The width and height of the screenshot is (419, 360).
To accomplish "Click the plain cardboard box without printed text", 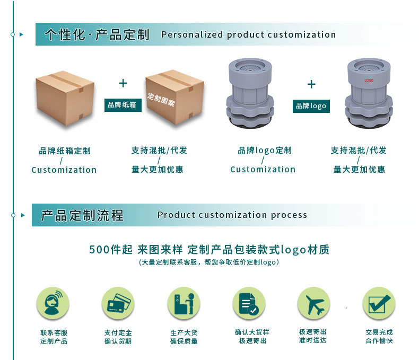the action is pos(65,98).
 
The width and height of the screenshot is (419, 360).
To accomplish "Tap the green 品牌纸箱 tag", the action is pos(123,105).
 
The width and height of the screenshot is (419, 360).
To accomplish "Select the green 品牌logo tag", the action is pos(311,106).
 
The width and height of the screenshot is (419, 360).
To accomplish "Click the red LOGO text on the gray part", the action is pos(369,81).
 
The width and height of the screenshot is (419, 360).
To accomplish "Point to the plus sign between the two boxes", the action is pos(123,83).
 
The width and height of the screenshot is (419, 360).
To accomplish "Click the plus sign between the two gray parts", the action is pos(311,84).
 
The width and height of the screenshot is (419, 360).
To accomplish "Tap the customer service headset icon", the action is pos(53,304).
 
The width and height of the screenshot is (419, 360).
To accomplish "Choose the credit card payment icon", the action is pos(118,304).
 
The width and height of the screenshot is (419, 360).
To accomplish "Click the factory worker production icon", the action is pos(184,304).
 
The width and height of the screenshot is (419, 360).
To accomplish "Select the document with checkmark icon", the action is pos(249,304).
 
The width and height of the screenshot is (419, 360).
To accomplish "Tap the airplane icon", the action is pos(313,304).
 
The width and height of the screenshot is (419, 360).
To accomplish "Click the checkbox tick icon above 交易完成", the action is pos(379,304).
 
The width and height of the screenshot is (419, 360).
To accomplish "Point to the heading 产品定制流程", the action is pos(82,215).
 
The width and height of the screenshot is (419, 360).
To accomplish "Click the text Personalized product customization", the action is pos(248,35).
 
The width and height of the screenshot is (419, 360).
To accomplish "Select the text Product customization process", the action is pos(232,215).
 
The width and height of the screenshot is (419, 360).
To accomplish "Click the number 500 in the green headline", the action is pos(99,250).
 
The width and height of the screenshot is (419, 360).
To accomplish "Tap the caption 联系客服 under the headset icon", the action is pos(54,332).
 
